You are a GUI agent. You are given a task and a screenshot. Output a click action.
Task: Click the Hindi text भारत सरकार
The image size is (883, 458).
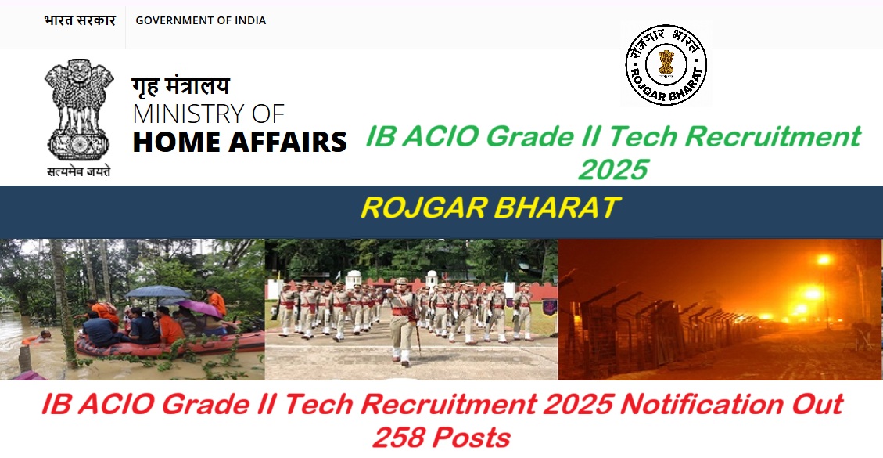79,20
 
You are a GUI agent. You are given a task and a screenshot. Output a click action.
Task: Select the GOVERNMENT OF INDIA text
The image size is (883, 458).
200,20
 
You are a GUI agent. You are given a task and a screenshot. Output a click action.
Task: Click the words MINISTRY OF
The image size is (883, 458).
208,114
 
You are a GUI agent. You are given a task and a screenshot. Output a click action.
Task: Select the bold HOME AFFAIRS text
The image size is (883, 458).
239,142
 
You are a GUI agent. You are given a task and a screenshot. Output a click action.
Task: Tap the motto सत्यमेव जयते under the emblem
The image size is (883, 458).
79,171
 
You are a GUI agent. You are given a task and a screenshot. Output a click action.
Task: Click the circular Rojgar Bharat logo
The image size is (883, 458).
666,64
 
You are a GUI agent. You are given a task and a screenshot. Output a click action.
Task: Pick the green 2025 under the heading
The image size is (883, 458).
613,168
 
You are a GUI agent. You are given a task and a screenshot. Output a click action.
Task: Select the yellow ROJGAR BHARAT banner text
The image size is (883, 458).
490,208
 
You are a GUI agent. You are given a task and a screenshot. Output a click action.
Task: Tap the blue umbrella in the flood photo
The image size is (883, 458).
156,291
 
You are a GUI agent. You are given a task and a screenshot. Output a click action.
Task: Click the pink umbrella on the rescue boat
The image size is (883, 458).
200,307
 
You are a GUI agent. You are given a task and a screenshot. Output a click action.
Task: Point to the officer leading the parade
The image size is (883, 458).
403,317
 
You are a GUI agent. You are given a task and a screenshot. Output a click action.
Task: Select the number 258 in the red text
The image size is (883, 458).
400,437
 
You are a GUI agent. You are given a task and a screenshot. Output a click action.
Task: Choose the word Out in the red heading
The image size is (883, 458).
815,405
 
